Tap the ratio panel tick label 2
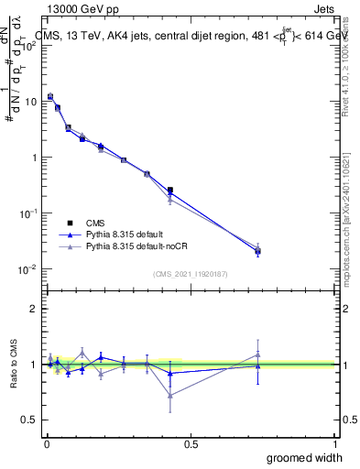point(35,309)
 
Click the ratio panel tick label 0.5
point(31,420)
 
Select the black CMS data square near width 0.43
point(170,190)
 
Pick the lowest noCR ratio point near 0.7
point(170,395)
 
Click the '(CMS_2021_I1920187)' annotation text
point(190,273)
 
